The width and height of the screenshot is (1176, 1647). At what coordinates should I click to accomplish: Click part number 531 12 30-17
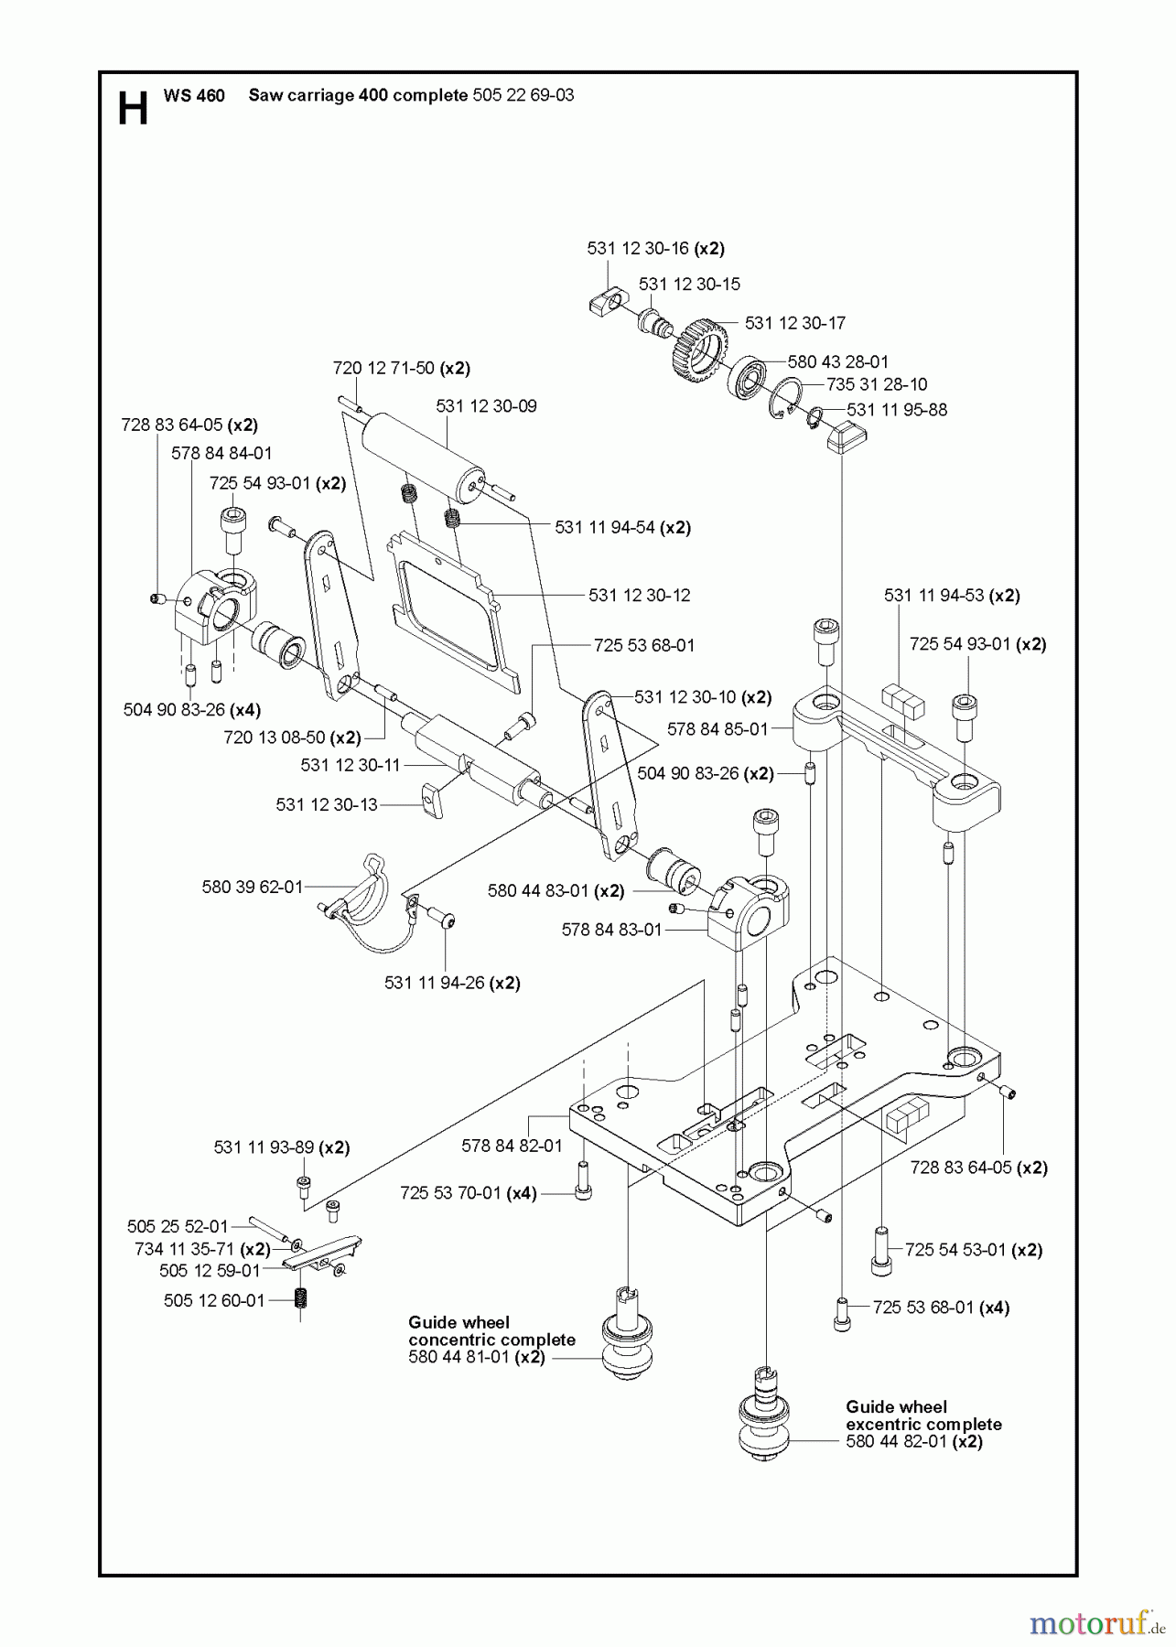tap(794, 323)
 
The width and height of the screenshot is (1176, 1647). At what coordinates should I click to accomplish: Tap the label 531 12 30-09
tap(486, 406)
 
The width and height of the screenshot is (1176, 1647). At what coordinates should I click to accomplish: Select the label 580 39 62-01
tap(252, 887)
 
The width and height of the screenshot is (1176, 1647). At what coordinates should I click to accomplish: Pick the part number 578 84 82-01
tap(512, 1145)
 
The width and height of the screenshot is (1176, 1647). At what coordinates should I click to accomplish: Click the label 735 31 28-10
tap(876, 384)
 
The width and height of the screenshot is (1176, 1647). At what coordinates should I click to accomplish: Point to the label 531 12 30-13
tap(327, 804)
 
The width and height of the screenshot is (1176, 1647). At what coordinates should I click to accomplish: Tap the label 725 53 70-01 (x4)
tap(468, 1193)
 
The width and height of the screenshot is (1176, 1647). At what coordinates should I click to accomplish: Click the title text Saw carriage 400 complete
tap(358, 95)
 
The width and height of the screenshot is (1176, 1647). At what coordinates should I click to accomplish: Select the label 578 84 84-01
tap(221, 453)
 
